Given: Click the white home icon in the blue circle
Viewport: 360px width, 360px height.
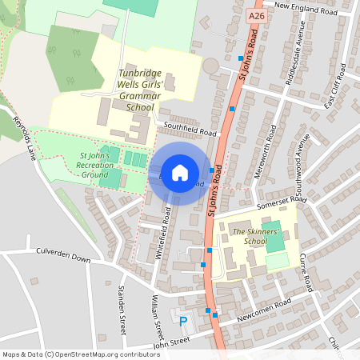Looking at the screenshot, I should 180,172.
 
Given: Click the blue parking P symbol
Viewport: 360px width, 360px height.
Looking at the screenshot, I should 183,322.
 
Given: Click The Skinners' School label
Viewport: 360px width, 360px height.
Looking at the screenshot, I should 249,236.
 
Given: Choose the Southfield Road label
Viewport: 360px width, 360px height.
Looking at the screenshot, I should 190,129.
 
